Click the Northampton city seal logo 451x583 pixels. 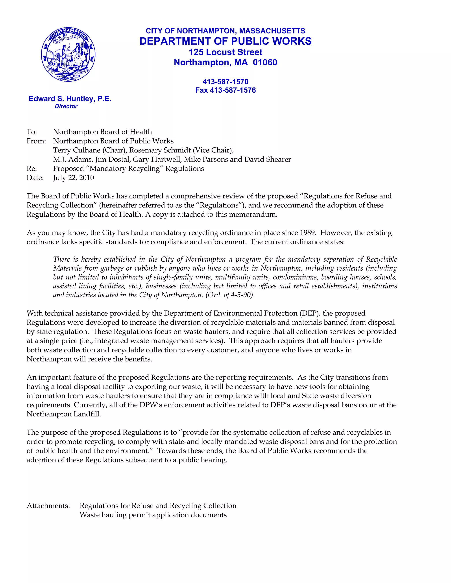pos(68,55)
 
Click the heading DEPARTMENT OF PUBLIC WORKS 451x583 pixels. pos(225,41)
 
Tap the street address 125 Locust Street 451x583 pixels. pos(225,52)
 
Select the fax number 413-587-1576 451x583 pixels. pos(233,90)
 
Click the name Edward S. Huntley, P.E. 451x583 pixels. pos(70,99)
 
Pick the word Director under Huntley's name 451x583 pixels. pos(66,106)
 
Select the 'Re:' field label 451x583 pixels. pos(32,169)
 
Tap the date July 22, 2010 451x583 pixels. pos(74,178)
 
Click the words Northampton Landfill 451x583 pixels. pos(64,414)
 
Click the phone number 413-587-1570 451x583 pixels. pos(225,82)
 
